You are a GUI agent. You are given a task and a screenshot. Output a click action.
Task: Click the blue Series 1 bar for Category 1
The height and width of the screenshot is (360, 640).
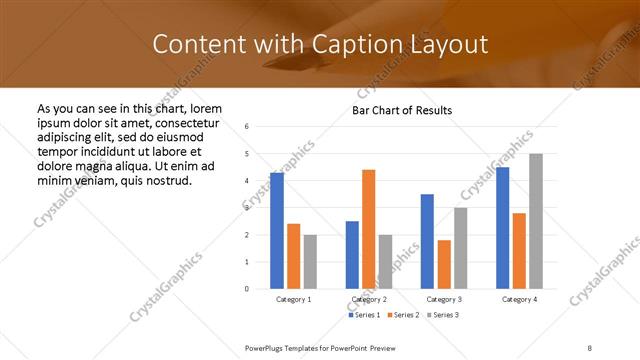click(x=277, y=231)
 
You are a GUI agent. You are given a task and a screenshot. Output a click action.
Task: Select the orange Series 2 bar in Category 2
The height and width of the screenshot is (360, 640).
click(x=369, y=229)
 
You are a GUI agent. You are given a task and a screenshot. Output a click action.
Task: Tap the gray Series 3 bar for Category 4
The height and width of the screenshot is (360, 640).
click(x=536, y=221)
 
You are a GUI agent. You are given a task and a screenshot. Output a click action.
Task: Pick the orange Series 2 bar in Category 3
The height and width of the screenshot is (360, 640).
click(x=444, y=264)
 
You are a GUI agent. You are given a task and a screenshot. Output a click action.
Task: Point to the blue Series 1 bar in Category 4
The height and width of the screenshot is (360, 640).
click(x=502, y=228)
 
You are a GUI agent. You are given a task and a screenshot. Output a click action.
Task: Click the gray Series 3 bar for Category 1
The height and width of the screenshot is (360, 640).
click(x=310, y=262)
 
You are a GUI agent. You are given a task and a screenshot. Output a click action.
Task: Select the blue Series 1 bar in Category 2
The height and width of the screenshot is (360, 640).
click(x=352, y=255)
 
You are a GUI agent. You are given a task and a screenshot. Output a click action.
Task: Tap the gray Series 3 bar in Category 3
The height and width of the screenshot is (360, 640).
click(x=461, y=248)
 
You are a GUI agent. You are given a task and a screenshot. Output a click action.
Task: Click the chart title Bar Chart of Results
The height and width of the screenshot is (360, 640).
click(x=402, y=110)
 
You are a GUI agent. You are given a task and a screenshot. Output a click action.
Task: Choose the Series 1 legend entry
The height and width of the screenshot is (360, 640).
click(x=364, y=315)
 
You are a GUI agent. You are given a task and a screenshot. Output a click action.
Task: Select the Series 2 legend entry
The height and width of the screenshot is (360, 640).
click(x=403, y=315)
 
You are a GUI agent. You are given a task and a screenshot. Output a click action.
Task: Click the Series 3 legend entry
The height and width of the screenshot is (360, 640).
click(x=441, y=315)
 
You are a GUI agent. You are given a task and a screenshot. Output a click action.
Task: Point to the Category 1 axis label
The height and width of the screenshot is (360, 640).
click(x=294, y=299)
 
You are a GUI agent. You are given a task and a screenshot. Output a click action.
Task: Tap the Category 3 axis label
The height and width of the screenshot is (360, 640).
click(x=444, y=299)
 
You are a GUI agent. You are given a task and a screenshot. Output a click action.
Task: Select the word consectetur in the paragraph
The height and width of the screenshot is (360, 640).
click(x=189, y=123)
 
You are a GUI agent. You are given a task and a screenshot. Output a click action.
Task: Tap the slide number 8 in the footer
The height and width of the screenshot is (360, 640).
click(x=590, y=348)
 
